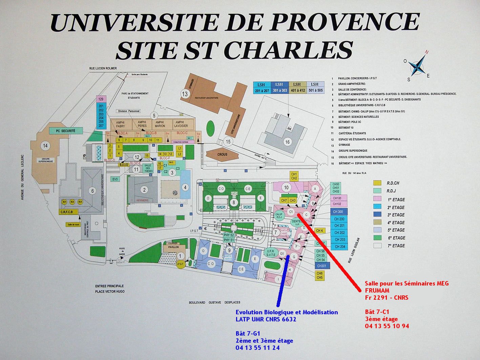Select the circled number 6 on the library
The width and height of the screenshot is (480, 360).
coord(92,191)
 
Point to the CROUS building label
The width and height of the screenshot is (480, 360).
coord(223,154)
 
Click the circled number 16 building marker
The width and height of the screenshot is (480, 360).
coord(287,142)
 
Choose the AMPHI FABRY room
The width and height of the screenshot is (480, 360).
coord(121,124)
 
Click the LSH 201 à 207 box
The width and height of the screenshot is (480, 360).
coord(262,87)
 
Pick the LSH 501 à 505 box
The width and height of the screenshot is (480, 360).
coord(315,87)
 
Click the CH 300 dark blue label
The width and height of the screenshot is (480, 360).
coord(338,212)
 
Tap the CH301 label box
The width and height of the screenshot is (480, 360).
coord(321,266)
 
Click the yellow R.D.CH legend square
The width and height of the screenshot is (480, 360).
coord(377,183)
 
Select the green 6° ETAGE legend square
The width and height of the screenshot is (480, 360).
coord(377,238)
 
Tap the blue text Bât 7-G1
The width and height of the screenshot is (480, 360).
coord(248,333)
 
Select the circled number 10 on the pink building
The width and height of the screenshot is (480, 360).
coord(287,187)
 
